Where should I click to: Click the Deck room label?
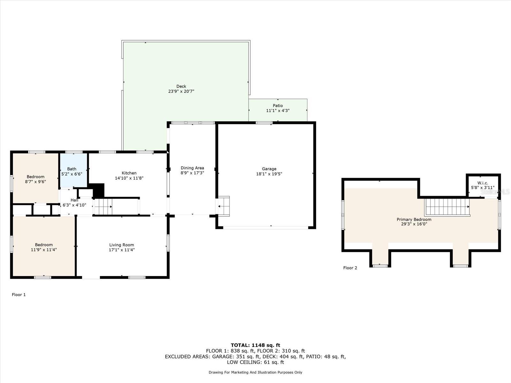pos(181,86)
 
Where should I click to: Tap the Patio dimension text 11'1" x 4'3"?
pos(278,111)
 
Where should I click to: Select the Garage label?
pos(269,169)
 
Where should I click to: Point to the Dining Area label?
pos(192,168)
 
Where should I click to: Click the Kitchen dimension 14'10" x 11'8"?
pos(129,178)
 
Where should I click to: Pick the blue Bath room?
pos(73,170)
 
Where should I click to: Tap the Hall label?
pos(74,200)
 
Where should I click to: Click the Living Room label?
pos(122,245)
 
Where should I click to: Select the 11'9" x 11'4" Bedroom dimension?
pos(44,250)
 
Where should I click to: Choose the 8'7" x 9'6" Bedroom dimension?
pos(35,182)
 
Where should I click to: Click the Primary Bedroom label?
pos(414,220)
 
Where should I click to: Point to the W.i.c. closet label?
pos(483,183)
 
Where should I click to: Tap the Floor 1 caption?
pos(19,295)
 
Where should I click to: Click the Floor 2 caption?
pos(350,268)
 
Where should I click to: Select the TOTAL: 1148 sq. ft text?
pos(256,345)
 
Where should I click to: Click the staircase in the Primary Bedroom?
pos(447,207)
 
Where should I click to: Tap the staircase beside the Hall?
pos(103,207)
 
